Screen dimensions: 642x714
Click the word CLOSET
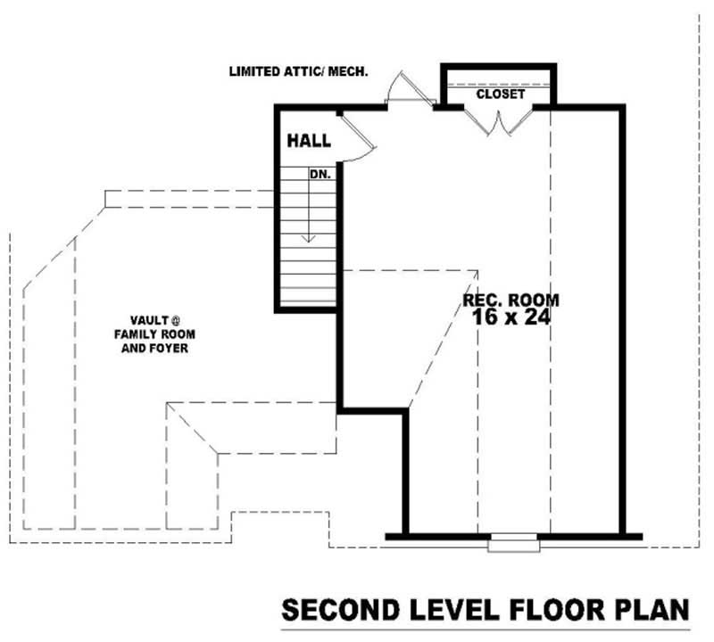pyautogui.click(x=500, y=94)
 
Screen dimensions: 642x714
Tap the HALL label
pyautogui.click(x=309, y=141)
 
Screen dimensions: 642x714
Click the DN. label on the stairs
pyautogui.click(x=320, y=175)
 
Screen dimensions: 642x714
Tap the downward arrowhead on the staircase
pyautogui.click(x=309, y=237)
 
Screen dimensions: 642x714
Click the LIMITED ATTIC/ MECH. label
pyautogui.click(x=298, y=70)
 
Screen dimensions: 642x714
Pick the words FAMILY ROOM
pyautogui.click(x=154, y=334)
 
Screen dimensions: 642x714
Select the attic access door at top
pyautogui.click(x=399, y=89)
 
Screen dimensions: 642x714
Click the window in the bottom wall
pyautogui.click(x=514, y=538)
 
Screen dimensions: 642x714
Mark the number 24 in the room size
pyautogui.click(x=535, y=317)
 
